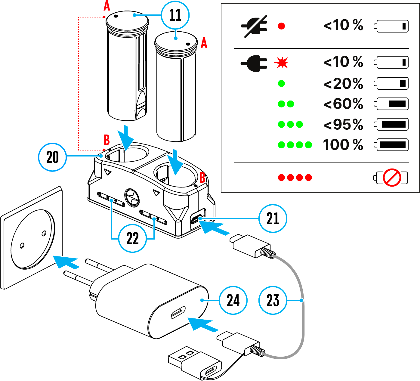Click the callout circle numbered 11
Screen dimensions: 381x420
coord(175,15)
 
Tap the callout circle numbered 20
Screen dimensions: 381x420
coord(53,157)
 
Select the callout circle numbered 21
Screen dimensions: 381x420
coord(273,218)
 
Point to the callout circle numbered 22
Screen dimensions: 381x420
coord(133,238)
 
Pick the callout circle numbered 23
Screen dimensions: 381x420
coord(273,300)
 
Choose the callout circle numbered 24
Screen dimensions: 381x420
coord(233,300)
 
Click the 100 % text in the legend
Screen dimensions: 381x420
coord(343,145)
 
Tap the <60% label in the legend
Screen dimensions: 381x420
coord(343,104)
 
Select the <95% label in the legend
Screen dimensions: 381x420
coord(343,125)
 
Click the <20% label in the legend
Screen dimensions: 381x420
coord(343,84)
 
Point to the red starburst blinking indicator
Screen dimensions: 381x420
coord(281,63)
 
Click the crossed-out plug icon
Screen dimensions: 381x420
coord(254,26)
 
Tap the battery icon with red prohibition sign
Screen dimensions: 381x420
coord(391,178)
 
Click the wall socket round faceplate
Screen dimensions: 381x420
coord(33,239)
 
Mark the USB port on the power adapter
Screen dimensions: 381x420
coord(178,313)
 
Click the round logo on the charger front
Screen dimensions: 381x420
coord(132,198)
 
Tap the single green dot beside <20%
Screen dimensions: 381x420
coord(281,84)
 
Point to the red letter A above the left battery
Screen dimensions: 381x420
coord(107,5)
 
